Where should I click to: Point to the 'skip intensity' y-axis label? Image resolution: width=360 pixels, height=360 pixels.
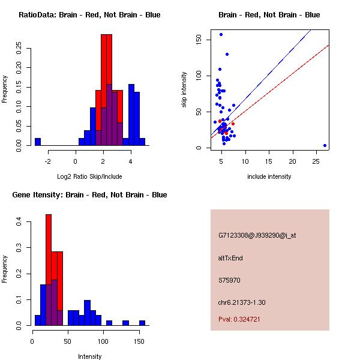pos(185,90)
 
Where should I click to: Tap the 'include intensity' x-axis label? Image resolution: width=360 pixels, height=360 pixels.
pos(269,176)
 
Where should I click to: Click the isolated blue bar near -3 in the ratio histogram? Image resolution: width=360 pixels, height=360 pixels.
pos(37,142)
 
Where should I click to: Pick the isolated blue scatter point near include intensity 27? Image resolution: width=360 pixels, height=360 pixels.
pos(325,145)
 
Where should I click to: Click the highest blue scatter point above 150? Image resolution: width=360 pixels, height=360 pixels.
pos(221,35)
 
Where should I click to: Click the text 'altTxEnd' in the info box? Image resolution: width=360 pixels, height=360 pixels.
pos(230,258)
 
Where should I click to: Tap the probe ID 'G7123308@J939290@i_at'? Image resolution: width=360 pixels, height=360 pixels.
pos(257,235)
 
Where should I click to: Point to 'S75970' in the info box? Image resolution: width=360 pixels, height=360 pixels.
pos(229,280)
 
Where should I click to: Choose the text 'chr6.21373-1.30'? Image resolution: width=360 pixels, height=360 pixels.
pos(242,302)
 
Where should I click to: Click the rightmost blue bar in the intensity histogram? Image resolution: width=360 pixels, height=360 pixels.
pos(142,323)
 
